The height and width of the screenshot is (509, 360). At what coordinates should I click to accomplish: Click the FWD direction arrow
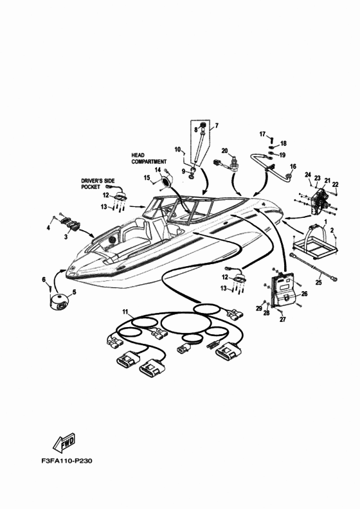tap(64, 442)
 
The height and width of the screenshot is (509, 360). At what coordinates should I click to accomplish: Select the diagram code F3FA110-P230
tap(67, 461)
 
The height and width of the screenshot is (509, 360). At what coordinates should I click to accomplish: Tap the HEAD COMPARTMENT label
tap(148, 158)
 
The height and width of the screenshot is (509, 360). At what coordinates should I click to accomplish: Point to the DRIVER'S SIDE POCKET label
tap(98, 184)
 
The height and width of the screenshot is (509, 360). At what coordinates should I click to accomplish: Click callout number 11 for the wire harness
tap(125, 312)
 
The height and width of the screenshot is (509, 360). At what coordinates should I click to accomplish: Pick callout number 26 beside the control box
tap(304, 294)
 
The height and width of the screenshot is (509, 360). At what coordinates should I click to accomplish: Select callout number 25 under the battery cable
tap(318, 283)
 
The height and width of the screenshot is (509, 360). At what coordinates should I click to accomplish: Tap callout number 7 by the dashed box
tap(217, 125)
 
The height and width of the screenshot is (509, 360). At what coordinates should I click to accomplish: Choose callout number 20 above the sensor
tap(224, 150)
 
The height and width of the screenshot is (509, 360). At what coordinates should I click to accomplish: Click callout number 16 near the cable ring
tap(292, 166)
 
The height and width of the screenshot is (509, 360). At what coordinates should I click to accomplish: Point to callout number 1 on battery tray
tap(325, 221)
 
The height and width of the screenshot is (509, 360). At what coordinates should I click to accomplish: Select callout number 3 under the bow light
tap(66, 237)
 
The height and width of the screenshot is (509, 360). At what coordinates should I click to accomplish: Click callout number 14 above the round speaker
tap(157, 170)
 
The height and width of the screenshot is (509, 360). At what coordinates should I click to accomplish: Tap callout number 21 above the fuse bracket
tap(327, 181)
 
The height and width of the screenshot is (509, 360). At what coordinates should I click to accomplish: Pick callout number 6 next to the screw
tap(44, 279)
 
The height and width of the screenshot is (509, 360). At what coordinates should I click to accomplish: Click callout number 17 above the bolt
tap(262, 134)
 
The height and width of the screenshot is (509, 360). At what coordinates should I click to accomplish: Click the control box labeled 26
tap(283, 289)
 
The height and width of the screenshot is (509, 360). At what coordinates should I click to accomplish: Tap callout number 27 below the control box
tap(282, 319)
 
